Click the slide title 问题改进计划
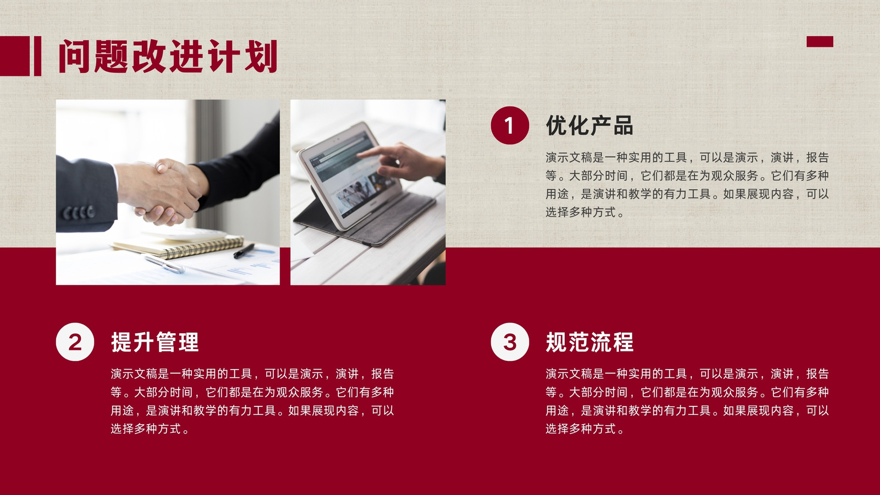coord(168,56)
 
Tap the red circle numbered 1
coord(509,125)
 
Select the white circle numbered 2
coord(75,342)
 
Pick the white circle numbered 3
coord(509,342)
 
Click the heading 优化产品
coord(589,126)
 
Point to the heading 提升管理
coord(155,342)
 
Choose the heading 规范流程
coord(589,342)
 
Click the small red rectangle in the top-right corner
coord(820,42)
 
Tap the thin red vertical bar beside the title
coord(38,56)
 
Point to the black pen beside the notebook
coord(244,251)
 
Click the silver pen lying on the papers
coord(164,264)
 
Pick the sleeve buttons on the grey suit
coord(79,212)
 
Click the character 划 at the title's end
coord(261,56)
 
